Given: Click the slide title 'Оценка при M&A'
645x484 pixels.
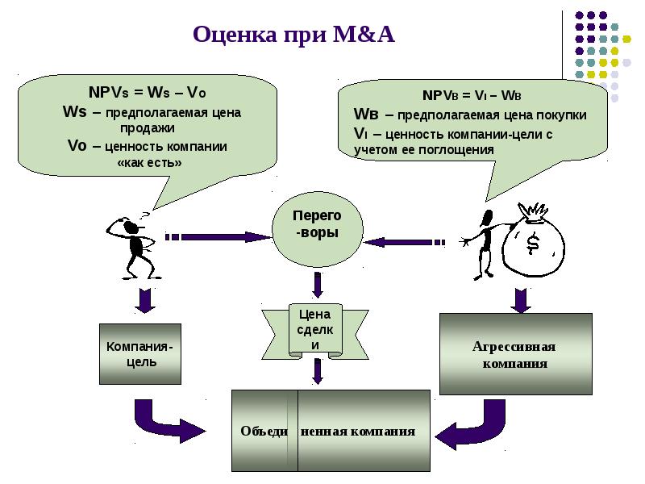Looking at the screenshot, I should coord(293,35).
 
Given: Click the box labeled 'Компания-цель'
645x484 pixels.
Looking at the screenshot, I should coord(139,354).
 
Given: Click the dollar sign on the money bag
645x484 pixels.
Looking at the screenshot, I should coord(533,243).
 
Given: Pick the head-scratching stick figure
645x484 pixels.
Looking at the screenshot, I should coord(134,242).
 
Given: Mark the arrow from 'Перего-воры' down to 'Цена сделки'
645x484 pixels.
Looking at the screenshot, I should coord(318,285).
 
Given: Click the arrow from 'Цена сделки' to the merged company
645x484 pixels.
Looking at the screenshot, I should coord(318,371).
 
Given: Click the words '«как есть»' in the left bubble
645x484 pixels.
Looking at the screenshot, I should coord(150,162).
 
